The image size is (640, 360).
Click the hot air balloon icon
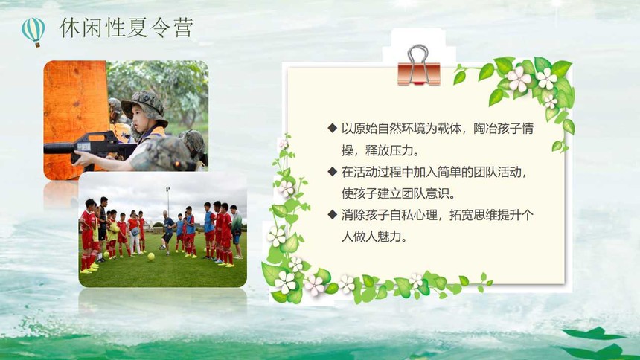(33, 32)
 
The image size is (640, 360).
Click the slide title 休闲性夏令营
(126, 28)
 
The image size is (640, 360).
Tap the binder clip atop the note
(419, 65)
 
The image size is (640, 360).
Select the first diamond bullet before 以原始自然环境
(332, 128)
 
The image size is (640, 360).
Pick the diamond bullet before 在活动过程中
(332, 171)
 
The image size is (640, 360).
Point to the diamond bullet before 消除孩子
(332, 214)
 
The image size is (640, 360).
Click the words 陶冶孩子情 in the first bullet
(503, 129)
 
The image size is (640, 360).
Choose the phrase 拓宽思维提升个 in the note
(491, 215)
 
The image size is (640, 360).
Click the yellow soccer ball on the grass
(151, 257)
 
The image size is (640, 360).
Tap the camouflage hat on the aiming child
(144, 106)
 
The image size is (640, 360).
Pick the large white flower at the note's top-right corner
(519, 79)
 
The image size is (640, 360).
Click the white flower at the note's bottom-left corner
(285, 282)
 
